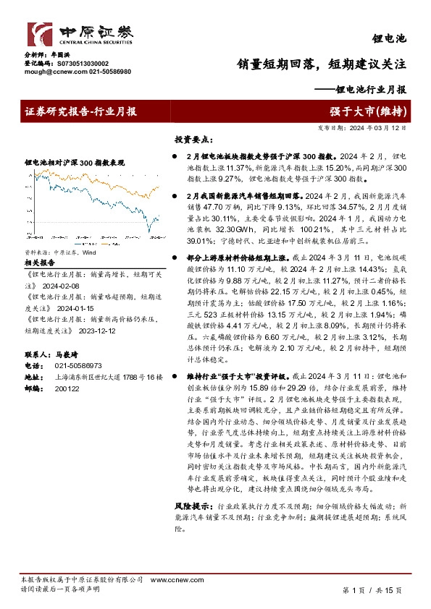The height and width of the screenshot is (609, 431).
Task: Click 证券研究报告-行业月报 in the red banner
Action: [x=81, y=111]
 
